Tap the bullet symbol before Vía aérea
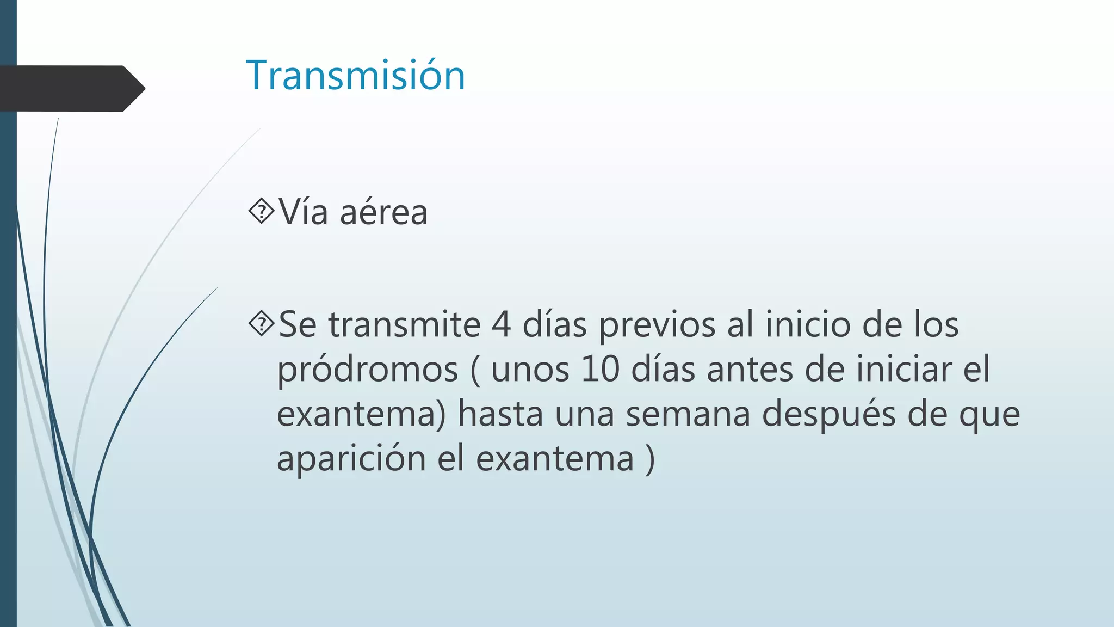[262, 211]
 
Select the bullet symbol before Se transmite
[262, 324]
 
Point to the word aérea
[383, 212]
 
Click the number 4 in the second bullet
[501, 325]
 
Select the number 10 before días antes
[600, 369]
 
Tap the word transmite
[404, 325]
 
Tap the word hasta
[500, 414]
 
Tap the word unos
[530, 370]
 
